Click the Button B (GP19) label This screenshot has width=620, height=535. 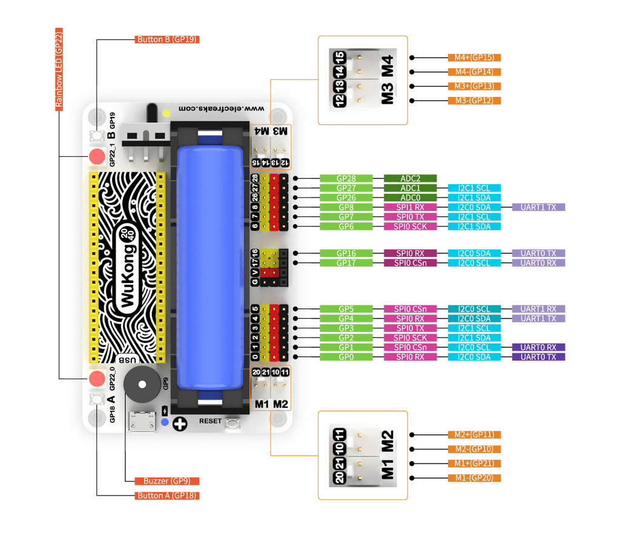[x=167, y=39]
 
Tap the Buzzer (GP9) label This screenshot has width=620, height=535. [x=167, y=481]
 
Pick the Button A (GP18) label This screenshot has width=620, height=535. [x=167, y=496]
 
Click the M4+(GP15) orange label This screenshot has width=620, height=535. [x=474, y=58]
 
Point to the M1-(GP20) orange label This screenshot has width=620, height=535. [x=474, y=478]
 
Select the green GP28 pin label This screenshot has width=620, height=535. [x=346, y=179]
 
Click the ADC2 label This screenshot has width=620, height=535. [x=410, y=179]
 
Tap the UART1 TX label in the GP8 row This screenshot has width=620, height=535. [x=538, y=207]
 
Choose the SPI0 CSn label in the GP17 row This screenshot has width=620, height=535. [x=410, y=263]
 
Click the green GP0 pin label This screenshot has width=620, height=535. [x=346, y=357]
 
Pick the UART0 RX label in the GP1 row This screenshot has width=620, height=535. [x=538, y=347]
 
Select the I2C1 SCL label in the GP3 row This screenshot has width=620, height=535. [x=474, y=328]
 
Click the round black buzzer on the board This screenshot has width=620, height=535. [x=143, y=383]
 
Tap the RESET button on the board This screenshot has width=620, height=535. [x=232, y=425]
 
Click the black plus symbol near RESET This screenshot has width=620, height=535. [x=180, y=424]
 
